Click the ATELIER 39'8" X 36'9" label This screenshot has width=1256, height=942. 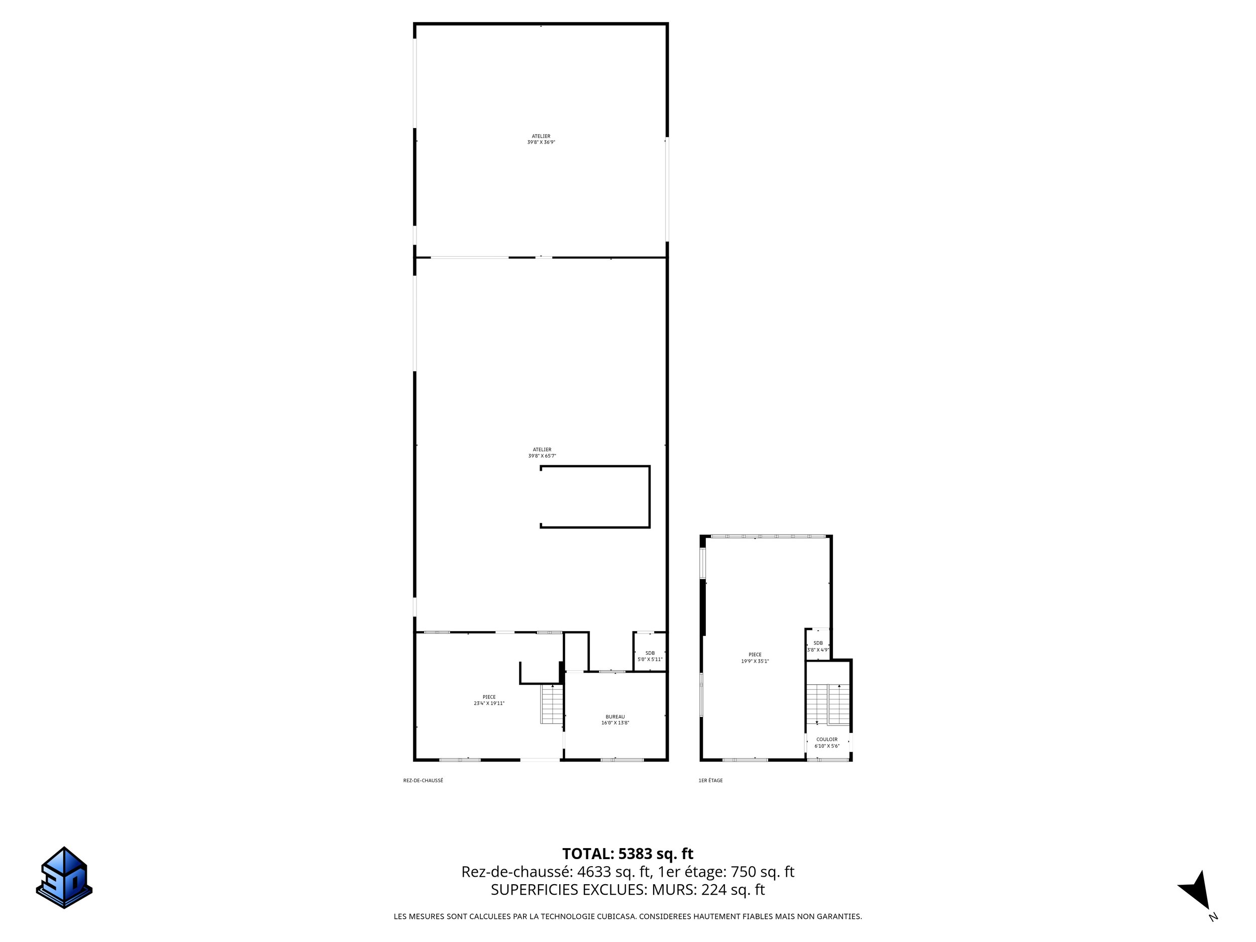(541, 139)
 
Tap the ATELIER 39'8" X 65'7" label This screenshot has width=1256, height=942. (542, 453)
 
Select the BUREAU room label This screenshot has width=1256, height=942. (615, 719)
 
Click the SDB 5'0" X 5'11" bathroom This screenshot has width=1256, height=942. (650, 656)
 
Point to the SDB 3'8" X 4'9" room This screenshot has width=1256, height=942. (817, 646)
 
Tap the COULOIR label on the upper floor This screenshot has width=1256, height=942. (827, 743)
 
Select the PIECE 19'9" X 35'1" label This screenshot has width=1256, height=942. (755, 658)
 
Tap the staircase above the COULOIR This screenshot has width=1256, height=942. (828, 704)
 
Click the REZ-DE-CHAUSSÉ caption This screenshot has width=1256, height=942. (423, 781)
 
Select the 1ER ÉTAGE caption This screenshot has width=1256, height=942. (710, 781)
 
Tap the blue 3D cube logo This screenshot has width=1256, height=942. (64, 877)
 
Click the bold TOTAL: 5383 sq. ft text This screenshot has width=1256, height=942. (627, 854)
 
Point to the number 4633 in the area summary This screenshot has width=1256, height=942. (594, 872)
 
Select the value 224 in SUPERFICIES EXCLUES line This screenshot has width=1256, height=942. (713, 890)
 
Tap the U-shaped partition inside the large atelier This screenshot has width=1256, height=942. (650, 497)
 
